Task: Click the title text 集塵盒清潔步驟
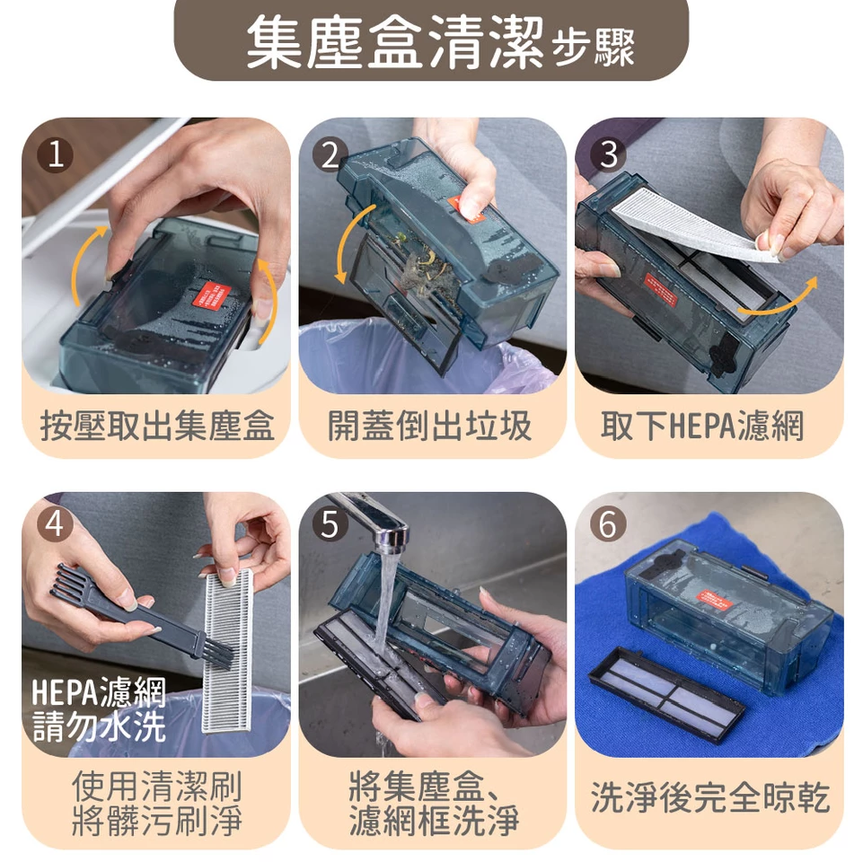(x=439, y=42)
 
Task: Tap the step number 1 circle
(x=55, y=155)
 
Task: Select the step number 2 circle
(x=330, y=156)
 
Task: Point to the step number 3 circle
(x=608, y=155)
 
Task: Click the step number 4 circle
(x=55, y=523)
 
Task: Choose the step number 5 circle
(x=330, y=524)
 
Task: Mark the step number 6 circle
(x=608, y=524)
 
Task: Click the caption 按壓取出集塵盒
(x=156, y=427)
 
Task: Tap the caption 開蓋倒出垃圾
(x=431, y=427)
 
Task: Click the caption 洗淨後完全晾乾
(x=709, y=797)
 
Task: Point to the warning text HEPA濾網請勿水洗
(x=99, y=709)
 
